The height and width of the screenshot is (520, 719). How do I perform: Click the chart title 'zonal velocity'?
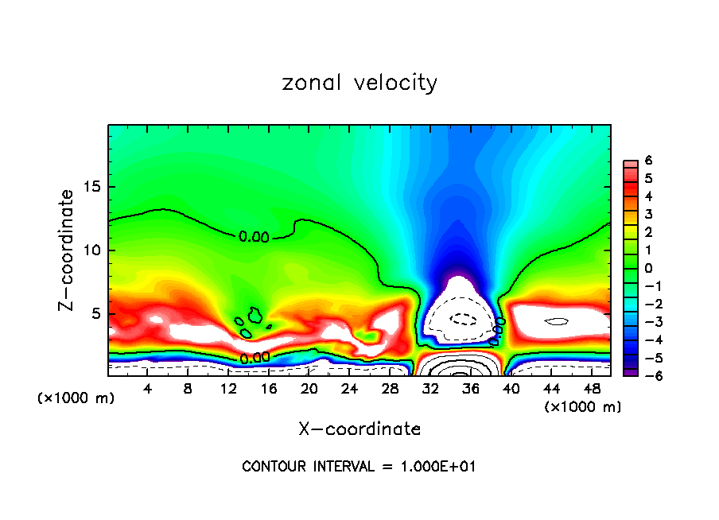359,83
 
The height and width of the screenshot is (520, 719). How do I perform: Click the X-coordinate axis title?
359,429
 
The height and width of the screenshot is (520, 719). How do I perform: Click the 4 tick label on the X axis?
147,389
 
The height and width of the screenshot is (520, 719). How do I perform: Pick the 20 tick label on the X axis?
309,389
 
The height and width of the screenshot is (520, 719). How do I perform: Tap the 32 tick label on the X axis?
430,389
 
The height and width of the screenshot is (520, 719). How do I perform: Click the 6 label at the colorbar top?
648,161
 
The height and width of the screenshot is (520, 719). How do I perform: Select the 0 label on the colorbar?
648,268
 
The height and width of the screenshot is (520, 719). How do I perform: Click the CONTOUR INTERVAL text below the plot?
359,467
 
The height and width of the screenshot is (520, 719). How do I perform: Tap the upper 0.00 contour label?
254,237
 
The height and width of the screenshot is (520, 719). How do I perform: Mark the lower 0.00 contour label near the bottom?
255,358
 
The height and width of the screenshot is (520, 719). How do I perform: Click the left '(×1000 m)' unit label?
76,398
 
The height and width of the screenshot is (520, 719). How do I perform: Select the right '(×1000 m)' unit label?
582,407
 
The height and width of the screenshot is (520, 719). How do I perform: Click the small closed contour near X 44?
556,322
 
